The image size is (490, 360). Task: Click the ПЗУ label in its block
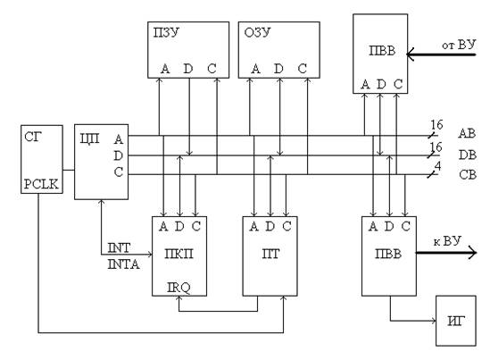[x=166, y=32]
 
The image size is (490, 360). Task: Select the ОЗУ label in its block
[x=257, y=32]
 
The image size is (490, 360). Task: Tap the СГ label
[x=33, y=137]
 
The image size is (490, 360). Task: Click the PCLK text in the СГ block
[x=41, y=184]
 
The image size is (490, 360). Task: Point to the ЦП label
[x=89, y=138]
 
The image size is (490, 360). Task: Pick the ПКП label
[x=179, y=254]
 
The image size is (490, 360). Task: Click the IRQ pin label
[x=179, y=288]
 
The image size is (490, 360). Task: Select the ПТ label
[x=270, y=254]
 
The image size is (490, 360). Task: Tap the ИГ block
[x=456, y=321]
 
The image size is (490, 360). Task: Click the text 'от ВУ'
[x=459, y=45]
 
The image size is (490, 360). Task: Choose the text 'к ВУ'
[x=447, y=241]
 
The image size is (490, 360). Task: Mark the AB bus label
[x=467, y=134]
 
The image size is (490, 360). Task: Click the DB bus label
[x=468, y=155]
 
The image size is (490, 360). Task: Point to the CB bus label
[x=468, y=175]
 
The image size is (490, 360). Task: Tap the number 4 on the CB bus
[x=438, y=166]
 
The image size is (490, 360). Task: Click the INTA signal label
[x=123, y=264]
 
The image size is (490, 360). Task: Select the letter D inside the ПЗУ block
[x=187, y=69]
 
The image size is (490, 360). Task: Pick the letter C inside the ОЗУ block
[x=303, y=69]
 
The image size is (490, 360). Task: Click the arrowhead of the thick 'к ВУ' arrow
[x=471, y=252]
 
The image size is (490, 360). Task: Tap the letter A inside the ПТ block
[x=253, y=226]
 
